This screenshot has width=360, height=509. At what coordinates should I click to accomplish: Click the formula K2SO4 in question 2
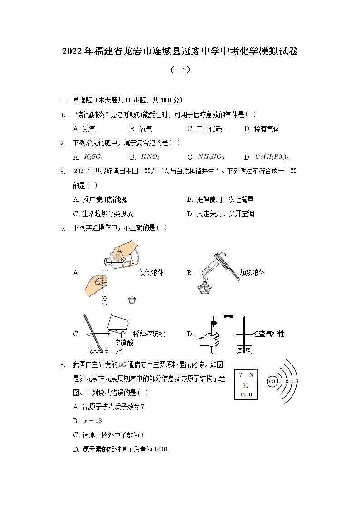[94, 157]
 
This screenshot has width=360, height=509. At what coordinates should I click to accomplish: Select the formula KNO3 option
[150, 157]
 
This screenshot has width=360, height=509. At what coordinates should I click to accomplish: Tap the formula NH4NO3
[211, 157]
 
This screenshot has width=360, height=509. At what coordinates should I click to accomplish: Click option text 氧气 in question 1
[146, 129]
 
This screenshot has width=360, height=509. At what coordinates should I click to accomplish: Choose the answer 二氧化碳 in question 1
[209, 129]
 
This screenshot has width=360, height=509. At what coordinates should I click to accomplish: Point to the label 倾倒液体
[151, 272]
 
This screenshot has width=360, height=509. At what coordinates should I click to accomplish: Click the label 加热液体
[252, 272]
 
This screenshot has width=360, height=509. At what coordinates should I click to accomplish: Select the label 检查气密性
[268, 334]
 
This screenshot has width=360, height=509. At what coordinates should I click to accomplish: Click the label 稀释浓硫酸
[149, 334]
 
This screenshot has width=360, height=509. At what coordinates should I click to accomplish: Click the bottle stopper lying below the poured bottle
[132, 300]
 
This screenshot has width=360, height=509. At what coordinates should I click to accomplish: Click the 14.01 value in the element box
[246, 395]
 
